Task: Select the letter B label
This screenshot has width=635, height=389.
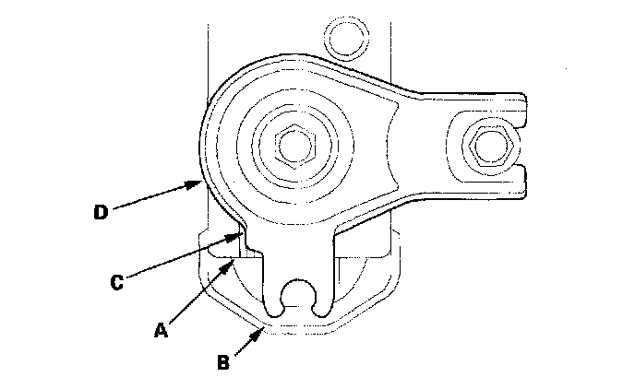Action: pos(223,362)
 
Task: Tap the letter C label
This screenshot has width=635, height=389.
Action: pos(117,283)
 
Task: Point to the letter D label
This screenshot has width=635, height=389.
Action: pos(102,213)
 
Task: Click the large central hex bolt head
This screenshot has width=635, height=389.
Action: pos(297,143)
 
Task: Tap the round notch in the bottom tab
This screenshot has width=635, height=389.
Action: pos(296,292)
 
